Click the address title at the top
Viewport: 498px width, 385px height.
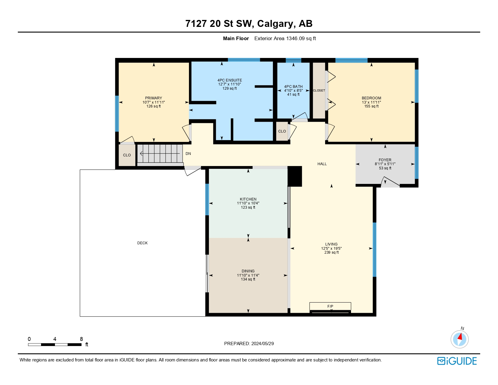[249, 24]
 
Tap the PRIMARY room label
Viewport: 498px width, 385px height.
[153, 98]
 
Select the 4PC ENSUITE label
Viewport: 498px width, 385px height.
[229, 80]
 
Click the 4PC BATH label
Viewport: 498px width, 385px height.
[293, 87]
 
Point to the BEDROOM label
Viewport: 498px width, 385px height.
[371, 98]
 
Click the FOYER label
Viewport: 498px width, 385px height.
[385, 160]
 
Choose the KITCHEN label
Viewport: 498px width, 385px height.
[248, 199]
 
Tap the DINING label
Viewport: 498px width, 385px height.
[248, 271]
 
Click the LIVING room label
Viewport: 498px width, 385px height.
[331, 244]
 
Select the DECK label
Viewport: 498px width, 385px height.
[142, 243]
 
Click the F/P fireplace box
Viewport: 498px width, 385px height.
[330, 306]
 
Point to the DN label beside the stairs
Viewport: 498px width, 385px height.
[188, 154]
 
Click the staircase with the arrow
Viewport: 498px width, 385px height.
[160, 154]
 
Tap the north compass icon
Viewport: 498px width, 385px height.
[459, 339]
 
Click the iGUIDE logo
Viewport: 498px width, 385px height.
[457, 361]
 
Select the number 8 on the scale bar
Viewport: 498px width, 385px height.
[81, 339]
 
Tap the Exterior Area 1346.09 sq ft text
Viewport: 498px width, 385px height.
[285, 38]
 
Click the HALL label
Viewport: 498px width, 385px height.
[322, 164]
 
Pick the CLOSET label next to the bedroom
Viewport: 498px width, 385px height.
[319, 91]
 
